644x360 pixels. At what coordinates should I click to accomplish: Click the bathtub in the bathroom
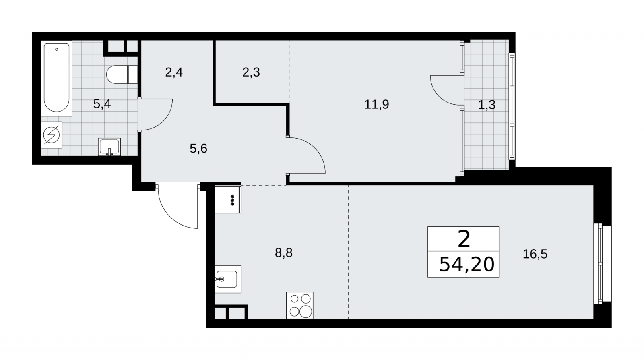[x=57, y=78]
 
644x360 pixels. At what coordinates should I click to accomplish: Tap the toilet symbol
[x=122, y=74]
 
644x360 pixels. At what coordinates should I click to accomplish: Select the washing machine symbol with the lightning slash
[x=52, y=135]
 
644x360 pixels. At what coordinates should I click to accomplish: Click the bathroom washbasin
[x=109, y=147]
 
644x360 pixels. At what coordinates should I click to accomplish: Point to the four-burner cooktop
[x=299, y=305]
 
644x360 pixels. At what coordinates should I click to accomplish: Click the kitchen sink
[x=228, y=279]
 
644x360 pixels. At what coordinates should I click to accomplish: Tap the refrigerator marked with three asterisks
[x=228, y=200]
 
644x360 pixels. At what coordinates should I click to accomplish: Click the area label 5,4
[x=102, y=104]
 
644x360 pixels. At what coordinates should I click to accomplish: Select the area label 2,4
[x=174, y=72]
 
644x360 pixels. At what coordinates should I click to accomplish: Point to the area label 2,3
[x=251, y=72]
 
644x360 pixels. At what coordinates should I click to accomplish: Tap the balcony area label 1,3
[x=487, y=105]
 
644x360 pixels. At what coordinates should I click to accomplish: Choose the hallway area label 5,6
[x=198, y=149]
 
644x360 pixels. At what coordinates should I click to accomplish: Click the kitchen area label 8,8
[x=284, y=253]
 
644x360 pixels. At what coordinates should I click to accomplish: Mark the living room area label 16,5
[x=535, y=254]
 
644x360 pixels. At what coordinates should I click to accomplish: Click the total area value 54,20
[x=467, y=265]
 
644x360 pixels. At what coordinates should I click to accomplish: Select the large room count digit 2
[x=464, y=239]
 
